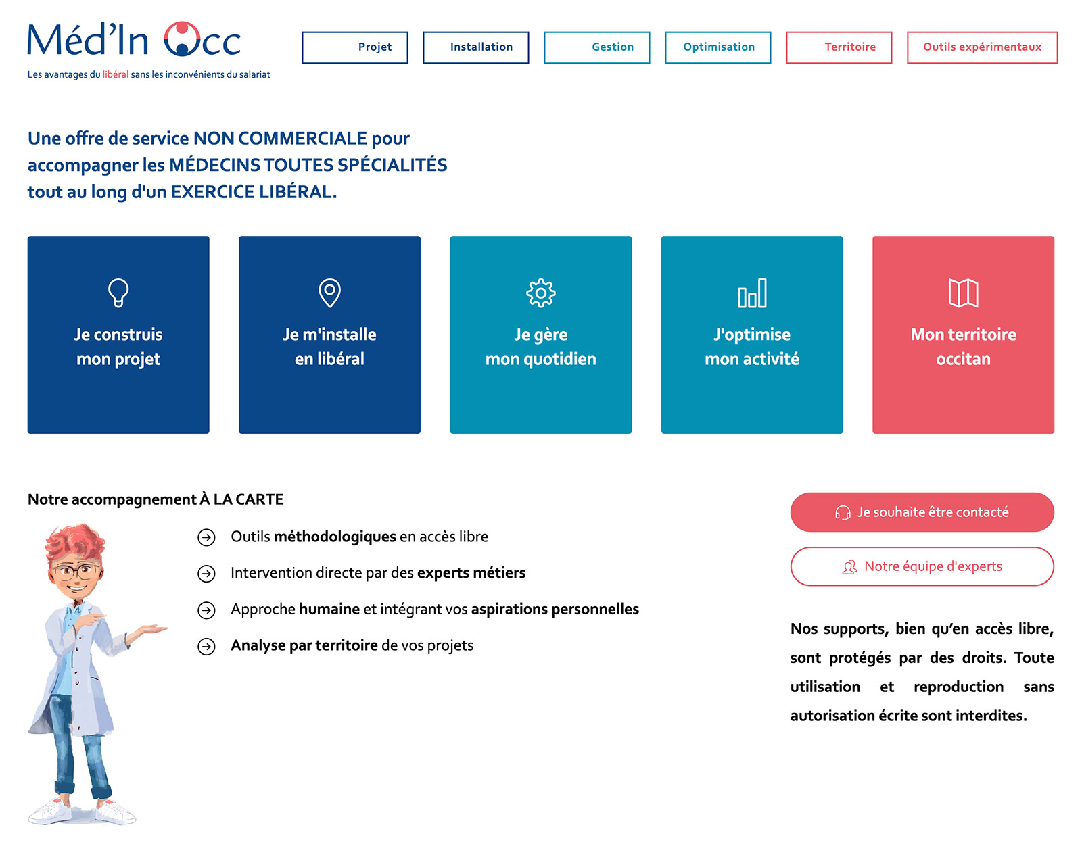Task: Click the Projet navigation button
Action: tap(354, 47)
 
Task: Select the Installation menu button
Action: tap(475, 47)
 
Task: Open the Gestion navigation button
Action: tap(596, 47)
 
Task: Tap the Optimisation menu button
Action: tap(717, 47)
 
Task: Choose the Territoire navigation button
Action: tap(838, 47)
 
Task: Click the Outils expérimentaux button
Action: tap(981, 47)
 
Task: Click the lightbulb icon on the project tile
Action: tap(118, 293)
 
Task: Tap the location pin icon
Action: tap(329, 293)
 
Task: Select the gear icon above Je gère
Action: tap(540, 293)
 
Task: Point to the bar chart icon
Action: tap(751, 293)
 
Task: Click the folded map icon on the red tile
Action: tap(962, 293)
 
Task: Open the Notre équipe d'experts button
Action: tap(922, 566)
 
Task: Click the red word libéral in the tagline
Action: tap(115, 74)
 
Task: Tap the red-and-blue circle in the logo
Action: tap(182, 39)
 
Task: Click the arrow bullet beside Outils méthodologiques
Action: tap(206, 537)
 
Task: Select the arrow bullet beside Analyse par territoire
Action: tap(206, 646)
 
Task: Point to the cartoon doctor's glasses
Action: tap(74, 571)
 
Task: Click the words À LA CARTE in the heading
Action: tap(241, 499)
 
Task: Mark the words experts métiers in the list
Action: tap(471, 573)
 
